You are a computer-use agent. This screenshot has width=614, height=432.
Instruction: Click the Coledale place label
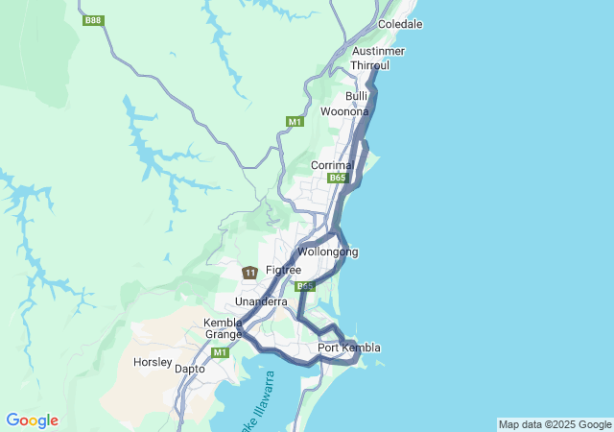click(400, 23)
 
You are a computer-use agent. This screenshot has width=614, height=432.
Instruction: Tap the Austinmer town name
click(378, 51)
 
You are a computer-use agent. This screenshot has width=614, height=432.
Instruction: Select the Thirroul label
click(369, 64)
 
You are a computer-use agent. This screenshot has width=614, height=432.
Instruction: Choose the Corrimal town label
click(332, 165)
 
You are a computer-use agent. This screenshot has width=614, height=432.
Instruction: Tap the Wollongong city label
click(327, 252)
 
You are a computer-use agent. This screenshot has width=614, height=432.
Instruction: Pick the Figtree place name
click(283, 271)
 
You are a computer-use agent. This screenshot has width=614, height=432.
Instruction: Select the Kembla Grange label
click(223, 328)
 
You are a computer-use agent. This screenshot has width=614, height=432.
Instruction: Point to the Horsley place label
click(153, 364)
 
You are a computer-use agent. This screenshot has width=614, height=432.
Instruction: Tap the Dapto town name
click(189, 368)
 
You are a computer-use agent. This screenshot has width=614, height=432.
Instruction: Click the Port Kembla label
click(349, 348)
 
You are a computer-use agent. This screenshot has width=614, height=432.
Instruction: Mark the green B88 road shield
click(93, 20)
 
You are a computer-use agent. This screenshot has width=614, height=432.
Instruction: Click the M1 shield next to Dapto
click(221, 352)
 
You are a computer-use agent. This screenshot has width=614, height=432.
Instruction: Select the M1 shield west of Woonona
click(295, 122)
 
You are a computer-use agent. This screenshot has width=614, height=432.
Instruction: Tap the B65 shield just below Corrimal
click(337, 179)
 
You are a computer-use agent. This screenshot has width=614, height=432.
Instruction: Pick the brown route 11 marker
click(249, 274)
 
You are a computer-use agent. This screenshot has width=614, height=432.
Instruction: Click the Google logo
click(32, 420)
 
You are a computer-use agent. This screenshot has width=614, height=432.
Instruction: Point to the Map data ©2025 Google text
click(555, 424)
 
